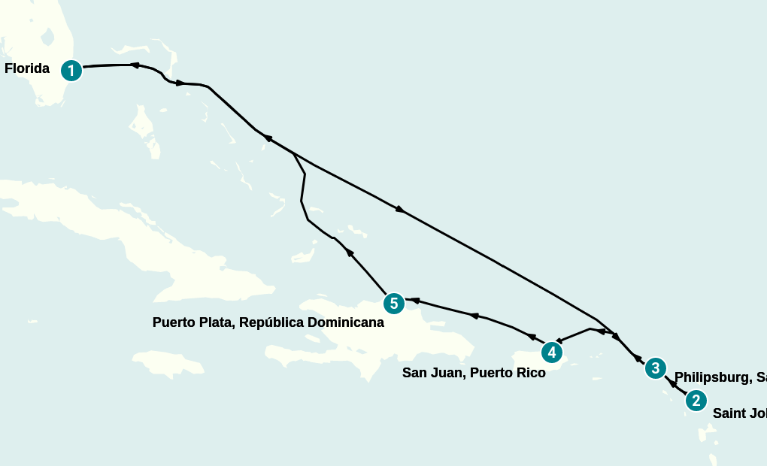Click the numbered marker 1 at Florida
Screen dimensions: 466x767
click(x=71, y=71)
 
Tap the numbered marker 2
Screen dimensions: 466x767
click(x=696, y=401)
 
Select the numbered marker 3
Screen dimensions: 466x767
click(x=655, y=368)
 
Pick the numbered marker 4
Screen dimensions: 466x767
click(x=551, y=352)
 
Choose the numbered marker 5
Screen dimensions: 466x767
click(x=393, y=304)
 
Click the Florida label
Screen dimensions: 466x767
click(x=27, y=69)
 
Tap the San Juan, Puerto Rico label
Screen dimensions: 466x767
click(x=474, y=373)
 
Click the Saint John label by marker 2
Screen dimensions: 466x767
click(x=738, y=413)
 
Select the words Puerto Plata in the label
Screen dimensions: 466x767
click(x=188, y=322)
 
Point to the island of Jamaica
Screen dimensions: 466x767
click(x=173, y=364)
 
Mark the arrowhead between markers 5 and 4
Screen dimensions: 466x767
click(x=474, y=316)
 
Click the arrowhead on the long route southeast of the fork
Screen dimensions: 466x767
click(x=400, y=209)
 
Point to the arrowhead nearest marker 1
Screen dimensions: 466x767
click(x=135, y=65)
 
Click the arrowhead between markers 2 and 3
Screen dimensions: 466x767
click(x=671, y=382)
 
